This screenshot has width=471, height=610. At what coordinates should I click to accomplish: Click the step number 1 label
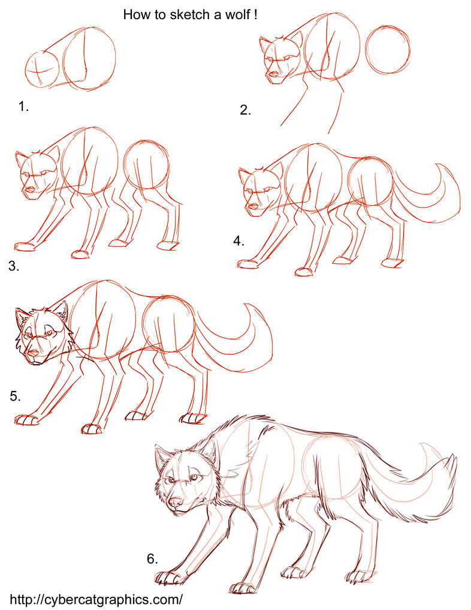(x=23, y=107)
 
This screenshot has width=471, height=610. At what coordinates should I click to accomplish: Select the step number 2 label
(x=244, y=110)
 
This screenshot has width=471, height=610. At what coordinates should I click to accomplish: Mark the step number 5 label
(x=16, y=396)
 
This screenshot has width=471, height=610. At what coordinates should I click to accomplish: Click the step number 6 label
(x=153, y=559)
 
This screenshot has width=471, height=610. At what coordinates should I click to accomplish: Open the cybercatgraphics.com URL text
(x=96, y=599)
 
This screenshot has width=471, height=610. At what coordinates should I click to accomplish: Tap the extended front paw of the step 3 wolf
(x=24, y=247)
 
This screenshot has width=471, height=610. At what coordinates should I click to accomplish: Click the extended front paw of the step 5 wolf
(x=25, y=420)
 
